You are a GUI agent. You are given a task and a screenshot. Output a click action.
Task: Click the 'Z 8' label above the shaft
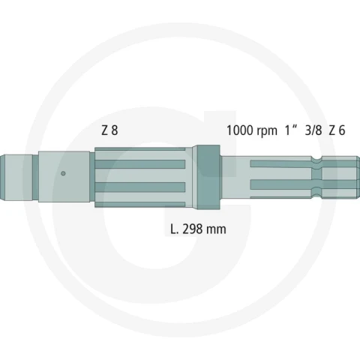pos(109,130)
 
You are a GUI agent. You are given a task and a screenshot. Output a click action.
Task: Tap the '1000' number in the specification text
pos(239,130)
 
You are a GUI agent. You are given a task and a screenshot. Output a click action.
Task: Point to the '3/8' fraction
pos(313,130)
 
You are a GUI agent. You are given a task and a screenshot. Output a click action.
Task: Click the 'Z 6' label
pos(337,130)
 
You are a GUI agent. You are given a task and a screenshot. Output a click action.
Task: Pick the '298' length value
pos(192,229)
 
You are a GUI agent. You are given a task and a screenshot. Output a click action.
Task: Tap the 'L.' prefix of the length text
pos(175,229)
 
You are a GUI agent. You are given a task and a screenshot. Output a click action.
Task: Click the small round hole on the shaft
pos(63,173)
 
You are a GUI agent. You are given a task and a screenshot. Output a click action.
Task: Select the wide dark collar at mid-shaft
pos(208,177)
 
